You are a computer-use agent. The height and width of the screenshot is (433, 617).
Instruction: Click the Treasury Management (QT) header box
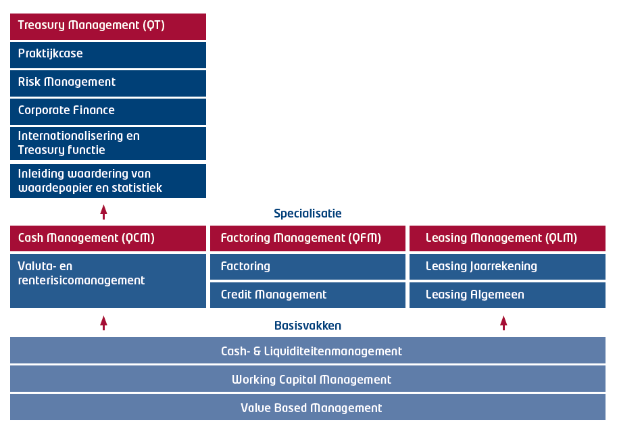[108, 26]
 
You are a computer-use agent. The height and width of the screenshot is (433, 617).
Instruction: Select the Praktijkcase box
[108, 55]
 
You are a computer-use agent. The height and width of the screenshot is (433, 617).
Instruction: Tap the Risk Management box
[108, 83]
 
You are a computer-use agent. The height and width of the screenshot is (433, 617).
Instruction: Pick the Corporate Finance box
[108, 111]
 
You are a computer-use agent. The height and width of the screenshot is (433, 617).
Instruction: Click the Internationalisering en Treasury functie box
[108, 144]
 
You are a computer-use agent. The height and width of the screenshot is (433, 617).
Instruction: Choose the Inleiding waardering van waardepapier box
[108, 181]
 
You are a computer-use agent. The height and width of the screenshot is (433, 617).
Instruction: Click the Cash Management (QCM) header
[108, 238]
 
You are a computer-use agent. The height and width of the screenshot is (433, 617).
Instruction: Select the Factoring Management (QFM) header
[307, 238]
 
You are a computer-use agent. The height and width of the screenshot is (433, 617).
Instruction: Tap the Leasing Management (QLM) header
[508, 238]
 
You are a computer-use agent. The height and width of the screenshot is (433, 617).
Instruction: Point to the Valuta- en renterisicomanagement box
[108, 281]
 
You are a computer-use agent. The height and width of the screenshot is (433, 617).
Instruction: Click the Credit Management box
[307, 295]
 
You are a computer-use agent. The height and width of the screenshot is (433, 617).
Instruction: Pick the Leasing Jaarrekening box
[508, 267]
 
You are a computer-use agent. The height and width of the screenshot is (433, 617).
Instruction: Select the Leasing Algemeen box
[508, 295]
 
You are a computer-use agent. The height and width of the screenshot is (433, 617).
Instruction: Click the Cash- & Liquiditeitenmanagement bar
[307, 350]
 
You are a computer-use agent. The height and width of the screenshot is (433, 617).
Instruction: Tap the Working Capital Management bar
[307, 379]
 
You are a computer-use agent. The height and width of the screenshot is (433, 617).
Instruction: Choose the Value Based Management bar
[307, 407]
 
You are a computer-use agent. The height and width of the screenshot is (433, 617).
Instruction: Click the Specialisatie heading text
[307, 213]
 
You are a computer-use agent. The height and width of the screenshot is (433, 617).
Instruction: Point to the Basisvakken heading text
[307, 325]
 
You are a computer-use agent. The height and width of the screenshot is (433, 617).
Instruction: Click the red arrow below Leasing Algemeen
[503, 323]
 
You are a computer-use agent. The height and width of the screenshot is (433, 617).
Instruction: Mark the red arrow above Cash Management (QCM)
[103, 212]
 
